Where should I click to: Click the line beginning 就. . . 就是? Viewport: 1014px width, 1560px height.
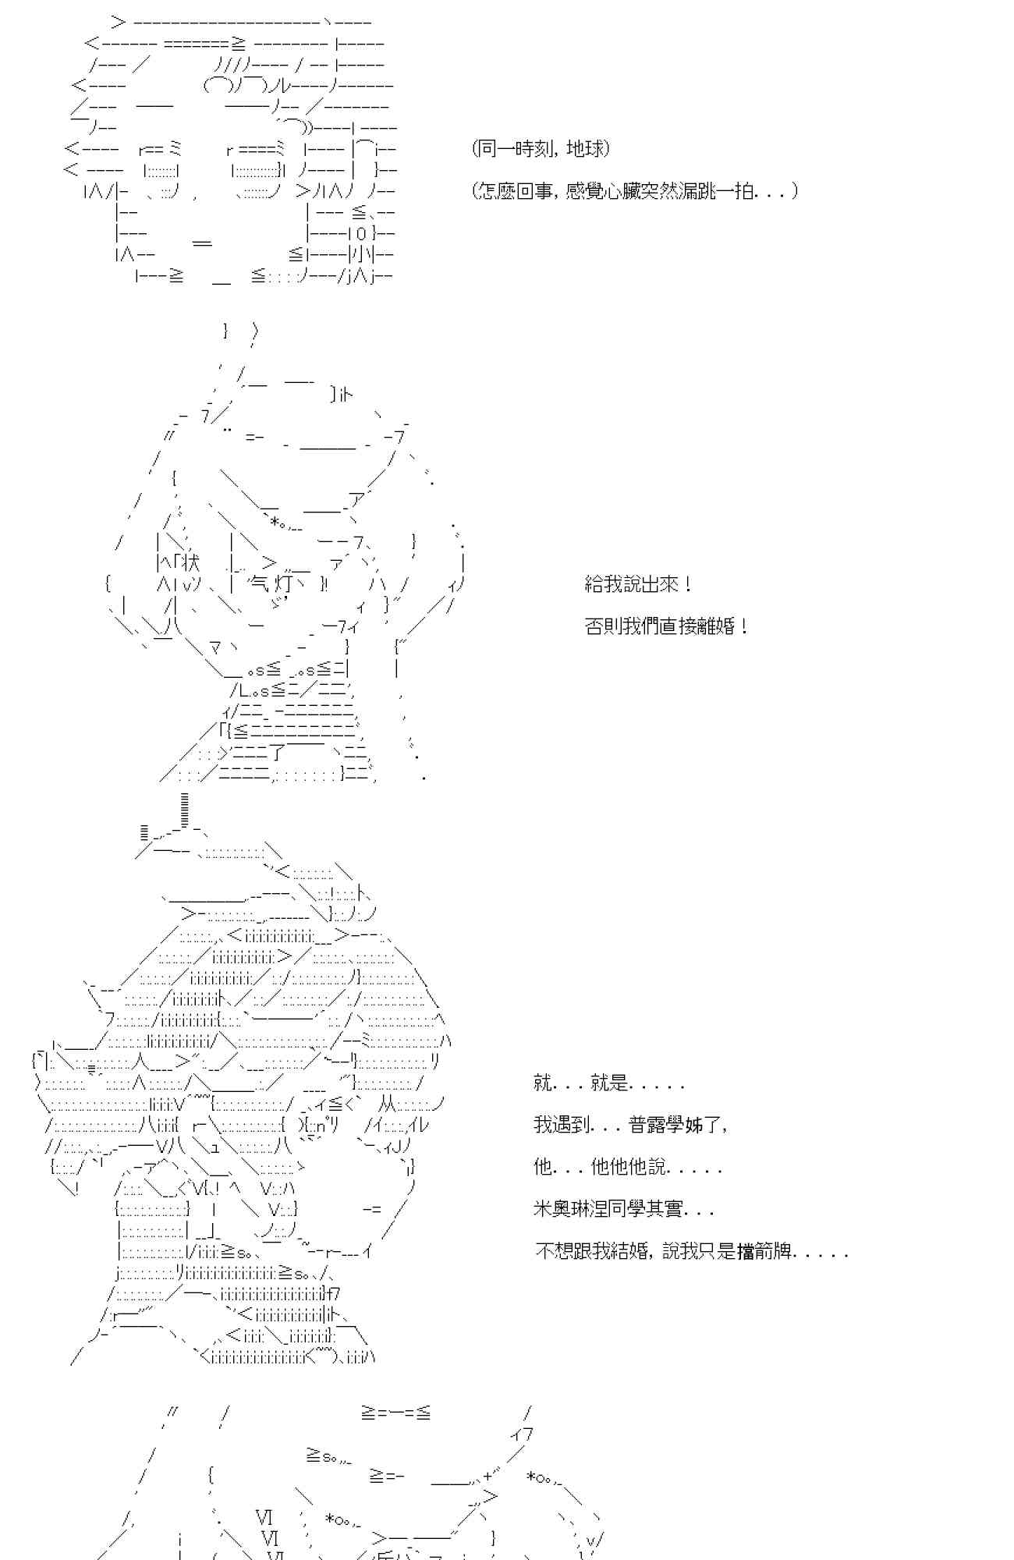(x=609, y=1083)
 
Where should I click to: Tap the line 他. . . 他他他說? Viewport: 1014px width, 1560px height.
(x=628, y=1167)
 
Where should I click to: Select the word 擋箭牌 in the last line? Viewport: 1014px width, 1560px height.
(x=764, y=1251)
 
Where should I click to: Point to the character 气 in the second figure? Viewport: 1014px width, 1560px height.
(x=257, y=583)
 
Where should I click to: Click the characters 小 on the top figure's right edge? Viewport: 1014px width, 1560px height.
(x=360, y=253)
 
